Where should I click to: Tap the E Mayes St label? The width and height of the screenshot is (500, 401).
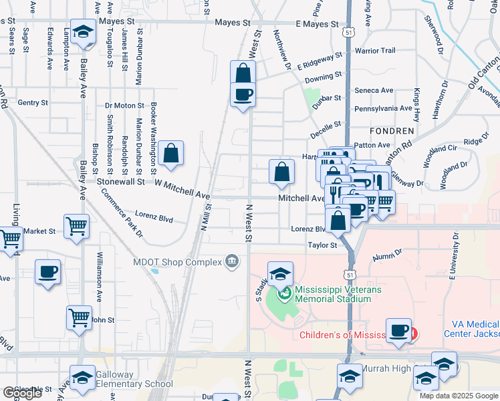[317, 24]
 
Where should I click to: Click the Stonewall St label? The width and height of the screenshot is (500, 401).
[121, 181]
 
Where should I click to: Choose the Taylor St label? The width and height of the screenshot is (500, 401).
[322, 245]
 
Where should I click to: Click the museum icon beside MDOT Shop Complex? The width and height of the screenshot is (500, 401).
[232, 260]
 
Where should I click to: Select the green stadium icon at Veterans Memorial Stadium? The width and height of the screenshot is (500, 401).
[283, 291]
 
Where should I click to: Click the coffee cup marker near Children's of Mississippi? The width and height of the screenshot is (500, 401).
[399, 330]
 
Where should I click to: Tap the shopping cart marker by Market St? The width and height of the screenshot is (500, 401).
[77, 227]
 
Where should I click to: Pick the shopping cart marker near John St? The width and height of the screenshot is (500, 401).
[80, 317]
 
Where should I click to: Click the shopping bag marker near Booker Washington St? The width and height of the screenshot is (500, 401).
[171, 153]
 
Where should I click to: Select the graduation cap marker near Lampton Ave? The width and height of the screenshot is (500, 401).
[83, 31]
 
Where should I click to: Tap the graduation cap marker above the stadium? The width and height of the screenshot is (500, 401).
[281, 273]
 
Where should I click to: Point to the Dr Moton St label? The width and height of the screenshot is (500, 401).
[124, 106]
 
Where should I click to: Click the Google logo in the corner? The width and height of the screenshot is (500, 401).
[22, 393]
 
